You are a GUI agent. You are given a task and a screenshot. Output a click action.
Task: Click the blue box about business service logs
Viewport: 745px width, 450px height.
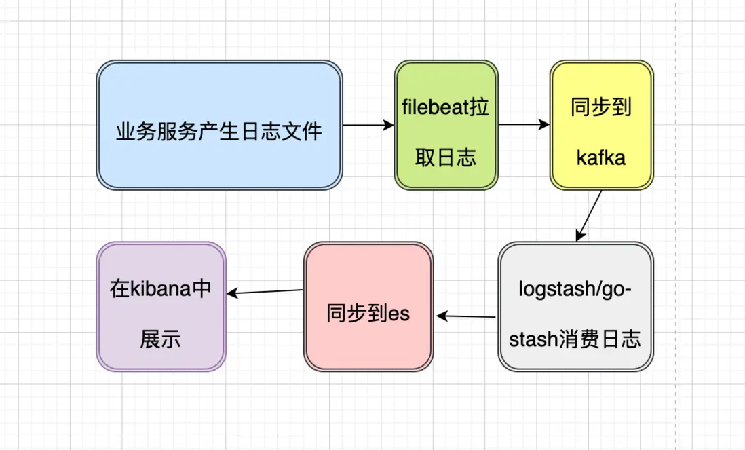pyautogui.click(x=219, y=126)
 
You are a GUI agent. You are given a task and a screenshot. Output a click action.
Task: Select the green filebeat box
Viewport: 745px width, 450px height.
pyautogui.click(x=446, y=125)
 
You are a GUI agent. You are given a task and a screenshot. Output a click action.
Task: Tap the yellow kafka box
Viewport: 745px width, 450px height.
pyautogui.click(x=601, y=125)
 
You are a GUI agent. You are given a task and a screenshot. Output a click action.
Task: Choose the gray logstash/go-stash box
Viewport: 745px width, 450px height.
pyautogui.click(x=575, y=307)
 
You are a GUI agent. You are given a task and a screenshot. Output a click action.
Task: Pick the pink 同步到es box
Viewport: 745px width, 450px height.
pyautogui.click(x=368, y=307)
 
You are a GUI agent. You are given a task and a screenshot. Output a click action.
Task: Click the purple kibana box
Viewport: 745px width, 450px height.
pyautogui.click(x=160, y=307)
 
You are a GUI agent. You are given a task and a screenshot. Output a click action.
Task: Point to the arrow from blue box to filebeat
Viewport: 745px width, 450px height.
pyautogui.click(x=368, y=125)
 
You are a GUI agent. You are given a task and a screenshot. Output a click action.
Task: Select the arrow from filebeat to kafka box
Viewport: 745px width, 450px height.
pyautogui.click(x=523, y=125)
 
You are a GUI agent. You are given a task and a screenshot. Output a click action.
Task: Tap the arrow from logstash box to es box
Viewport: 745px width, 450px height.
pyautogui.click(x=467, y=316)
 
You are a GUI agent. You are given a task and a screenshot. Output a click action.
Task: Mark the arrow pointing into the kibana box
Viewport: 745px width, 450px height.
pyautogui.click(x=265, y=292)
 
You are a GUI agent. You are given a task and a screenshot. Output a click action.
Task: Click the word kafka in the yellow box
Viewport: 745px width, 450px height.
pyautogui.click(x=600, y=158)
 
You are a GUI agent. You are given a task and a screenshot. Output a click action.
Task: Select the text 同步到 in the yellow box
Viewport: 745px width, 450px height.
pyautogui.click(x=601, y=109)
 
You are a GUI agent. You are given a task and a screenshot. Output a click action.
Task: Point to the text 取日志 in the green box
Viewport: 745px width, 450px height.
pyautogui.click(x=446, y=158)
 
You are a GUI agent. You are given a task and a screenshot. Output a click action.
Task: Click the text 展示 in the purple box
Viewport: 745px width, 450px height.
pyautogui.click(x=160, y=339)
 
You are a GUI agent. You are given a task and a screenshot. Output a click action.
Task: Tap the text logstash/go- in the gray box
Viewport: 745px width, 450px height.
pyautogui.click(x=575, y=289)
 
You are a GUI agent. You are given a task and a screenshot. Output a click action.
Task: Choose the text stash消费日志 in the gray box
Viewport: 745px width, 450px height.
pyautogui.click(x=575, y=339)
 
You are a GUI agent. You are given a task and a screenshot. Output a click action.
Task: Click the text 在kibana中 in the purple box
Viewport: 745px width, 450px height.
pyautogui.click(x=161, y=289)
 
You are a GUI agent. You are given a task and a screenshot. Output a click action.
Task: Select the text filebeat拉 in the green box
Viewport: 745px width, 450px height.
pyautogui.click(x=446, y=109)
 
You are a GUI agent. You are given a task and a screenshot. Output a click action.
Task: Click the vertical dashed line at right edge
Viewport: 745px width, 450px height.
pyautogui.click(x=676, y=224)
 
